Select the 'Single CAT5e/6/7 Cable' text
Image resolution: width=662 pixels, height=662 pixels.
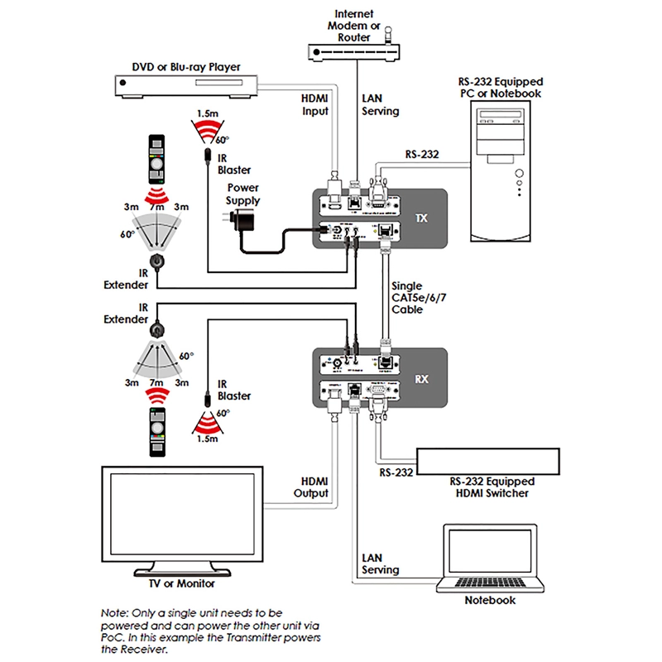pos(408,297)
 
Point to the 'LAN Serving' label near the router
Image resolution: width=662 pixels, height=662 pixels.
pos(381,104)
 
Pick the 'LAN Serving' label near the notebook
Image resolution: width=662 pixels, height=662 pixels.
pos(381,564)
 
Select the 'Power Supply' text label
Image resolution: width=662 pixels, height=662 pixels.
pos(242,194)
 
